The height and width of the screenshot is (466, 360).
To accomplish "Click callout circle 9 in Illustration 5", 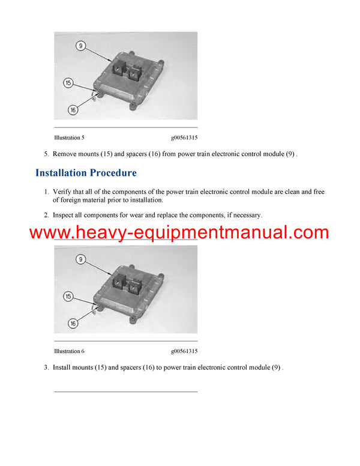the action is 80,46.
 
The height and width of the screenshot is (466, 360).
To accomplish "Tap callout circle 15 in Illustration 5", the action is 68,83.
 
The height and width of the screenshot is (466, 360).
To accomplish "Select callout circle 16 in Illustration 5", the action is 73,110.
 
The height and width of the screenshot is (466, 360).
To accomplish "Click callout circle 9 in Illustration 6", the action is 80,259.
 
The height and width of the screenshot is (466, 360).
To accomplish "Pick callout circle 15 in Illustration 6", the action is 68,296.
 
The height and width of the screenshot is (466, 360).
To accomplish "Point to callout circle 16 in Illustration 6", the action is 73,323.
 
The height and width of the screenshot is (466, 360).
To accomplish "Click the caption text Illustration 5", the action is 69,138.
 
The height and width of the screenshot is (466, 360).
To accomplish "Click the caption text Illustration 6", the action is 69,351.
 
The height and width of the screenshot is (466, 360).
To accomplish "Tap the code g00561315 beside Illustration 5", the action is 184,138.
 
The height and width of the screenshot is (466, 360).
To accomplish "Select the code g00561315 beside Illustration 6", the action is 184,351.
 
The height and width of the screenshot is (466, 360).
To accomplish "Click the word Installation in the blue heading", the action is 61,173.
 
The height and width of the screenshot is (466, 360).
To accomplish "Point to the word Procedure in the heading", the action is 113,173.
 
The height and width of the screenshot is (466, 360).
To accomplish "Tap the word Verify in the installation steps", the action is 62,192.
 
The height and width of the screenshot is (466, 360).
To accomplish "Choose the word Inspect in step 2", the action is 63,215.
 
